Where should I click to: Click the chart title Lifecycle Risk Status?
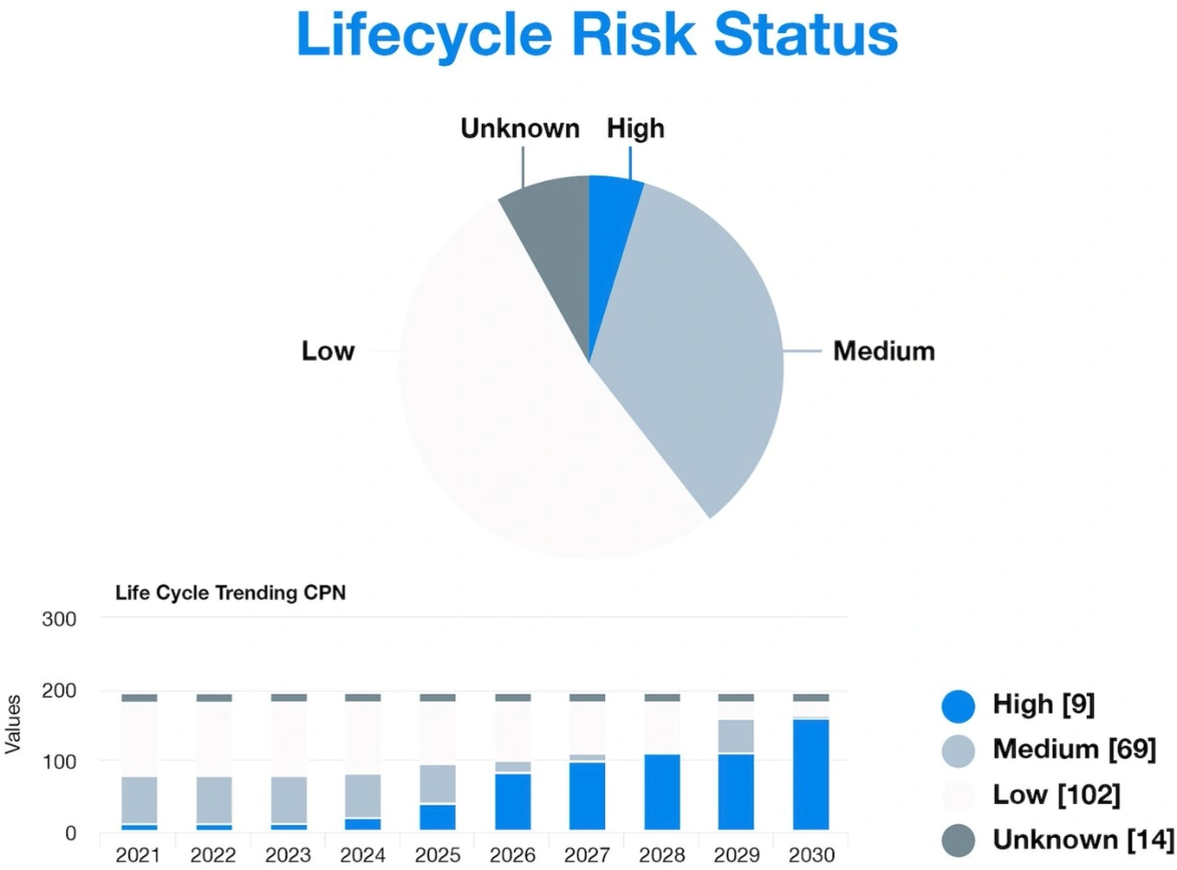[597, 34]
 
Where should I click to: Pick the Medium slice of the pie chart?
[699, 349]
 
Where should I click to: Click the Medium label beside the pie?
[884, 351]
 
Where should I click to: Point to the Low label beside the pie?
[328, 351]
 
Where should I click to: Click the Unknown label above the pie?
[520, 129]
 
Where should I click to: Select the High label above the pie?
[635, 129]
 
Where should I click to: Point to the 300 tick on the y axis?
[58, 619]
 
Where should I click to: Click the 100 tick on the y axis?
[58, 762]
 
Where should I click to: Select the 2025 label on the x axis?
[437, 855]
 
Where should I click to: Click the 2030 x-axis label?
[810, 855]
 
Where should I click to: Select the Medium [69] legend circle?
[958, 750]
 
